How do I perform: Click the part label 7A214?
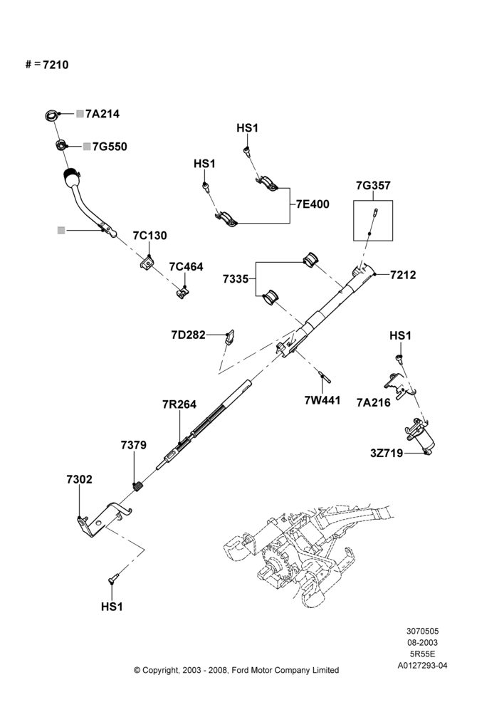coord(103,114)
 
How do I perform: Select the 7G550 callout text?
coord(110,147)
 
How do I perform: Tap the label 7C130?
coord(149,236)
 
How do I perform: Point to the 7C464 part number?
coord(187,266)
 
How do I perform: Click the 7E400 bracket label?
coord(313,204)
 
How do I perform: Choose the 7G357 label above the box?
coord(373,185)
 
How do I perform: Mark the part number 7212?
coord(403,275)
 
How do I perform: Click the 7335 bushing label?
coord(236,279)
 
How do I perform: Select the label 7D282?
coord(188,335)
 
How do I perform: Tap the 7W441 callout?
coord(322,400)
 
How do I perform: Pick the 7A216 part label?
coord(374,402)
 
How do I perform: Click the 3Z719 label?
coord(387,453)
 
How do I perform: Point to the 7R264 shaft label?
coord(179,404)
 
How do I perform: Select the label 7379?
coord(134,445)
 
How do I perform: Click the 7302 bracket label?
coord(80,479)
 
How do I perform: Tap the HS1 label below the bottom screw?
coord(112,607)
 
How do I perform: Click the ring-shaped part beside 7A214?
coord(52,115)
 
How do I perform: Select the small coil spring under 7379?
coord(139,487)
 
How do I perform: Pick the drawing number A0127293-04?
coord(422,666)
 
